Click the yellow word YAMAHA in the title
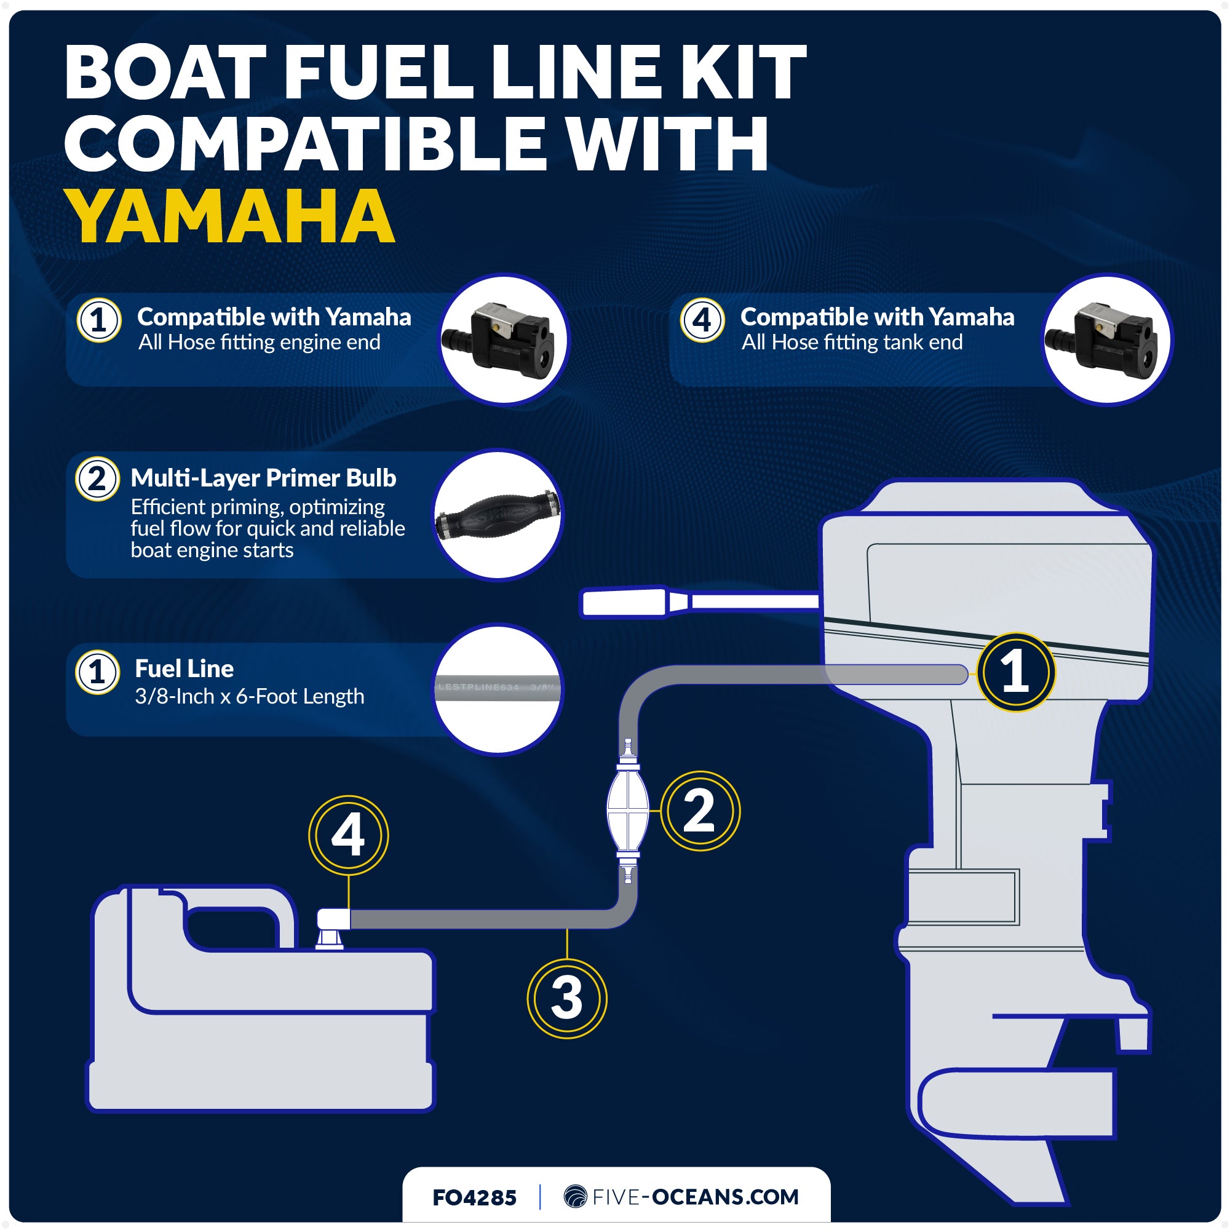click(x=229, y=216)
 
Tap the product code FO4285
click(x=474, y=1197)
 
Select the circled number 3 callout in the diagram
click(x=566, y=998)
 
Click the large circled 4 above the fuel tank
click(x=348, y=835)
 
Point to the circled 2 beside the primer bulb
click(x=700, y=811)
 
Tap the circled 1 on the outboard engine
click(x=1015, y=672)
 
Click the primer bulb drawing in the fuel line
click(x=628, y=811)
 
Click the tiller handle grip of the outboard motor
click(x=624, y=602)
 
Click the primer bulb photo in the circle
click(x=498, y=515)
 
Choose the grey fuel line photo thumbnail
click(x=498, y=688)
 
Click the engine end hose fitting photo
click(x=504, y=339)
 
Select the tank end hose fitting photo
click(x=1107, y=339)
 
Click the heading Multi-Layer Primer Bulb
click(x=263, y=477)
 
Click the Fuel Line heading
click(x=184, y=669)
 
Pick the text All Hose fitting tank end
click(x=851, y=343)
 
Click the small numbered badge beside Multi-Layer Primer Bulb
click(x=97, y=478)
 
